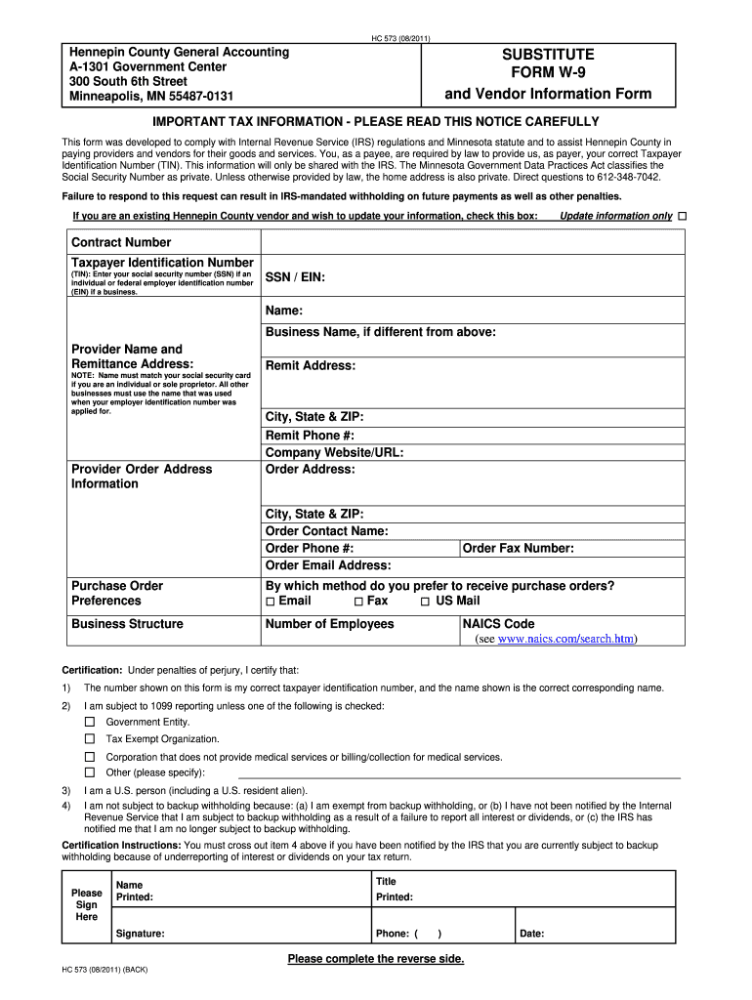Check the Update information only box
682,215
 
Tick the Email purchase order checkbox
271,602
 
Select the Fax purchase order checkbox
359,602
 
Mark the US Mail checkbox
425,602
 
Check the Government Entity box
90,722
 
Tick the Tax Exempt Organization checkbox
90,739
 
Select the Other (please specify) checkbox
90,772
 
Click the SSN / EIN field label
295,278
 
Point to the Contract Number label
121,242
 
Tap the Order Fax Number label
518,549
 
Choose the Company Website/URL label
334,452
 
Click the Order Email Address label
328,565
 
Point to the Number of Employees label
330,624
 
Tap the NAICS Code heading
498,624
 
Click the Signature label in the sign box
140,934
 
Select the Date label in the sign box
531,934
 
